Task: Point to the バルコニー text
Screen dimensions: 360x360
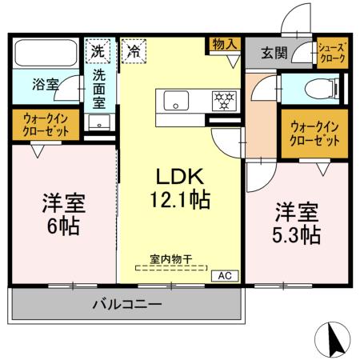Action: click(x=126, y=305)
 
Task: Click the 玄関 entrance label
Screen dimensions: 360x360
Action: click(x=271, y=53)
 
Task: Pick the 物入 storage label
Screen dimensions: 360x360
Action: click(x=224, y=44)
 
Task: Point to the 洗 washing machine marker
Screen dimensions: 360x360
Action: click(x=97, y=49)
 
